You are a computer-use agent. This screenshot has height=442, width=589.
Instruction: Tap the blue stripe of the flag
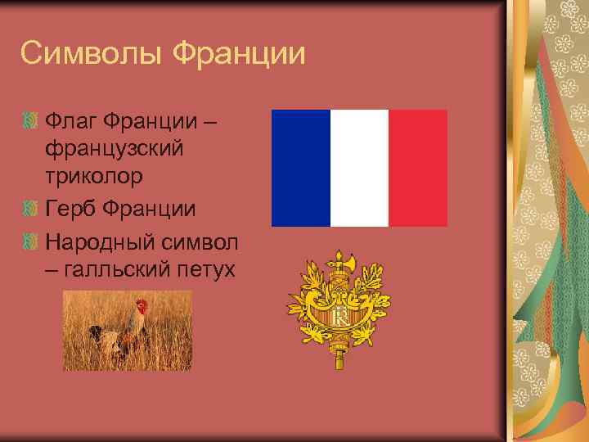(300, 168)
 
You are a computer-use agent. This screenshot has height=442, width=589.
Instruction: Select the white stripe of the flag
(359, 168)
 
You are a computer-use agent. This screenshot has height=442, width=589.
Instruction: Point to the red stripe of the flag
(418, 168)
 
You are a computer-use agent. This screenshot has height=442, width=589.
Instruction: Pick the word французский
(115, 151)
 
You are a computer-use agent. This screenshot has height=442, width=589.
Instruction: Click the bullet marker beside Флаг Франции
(30, 123)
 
